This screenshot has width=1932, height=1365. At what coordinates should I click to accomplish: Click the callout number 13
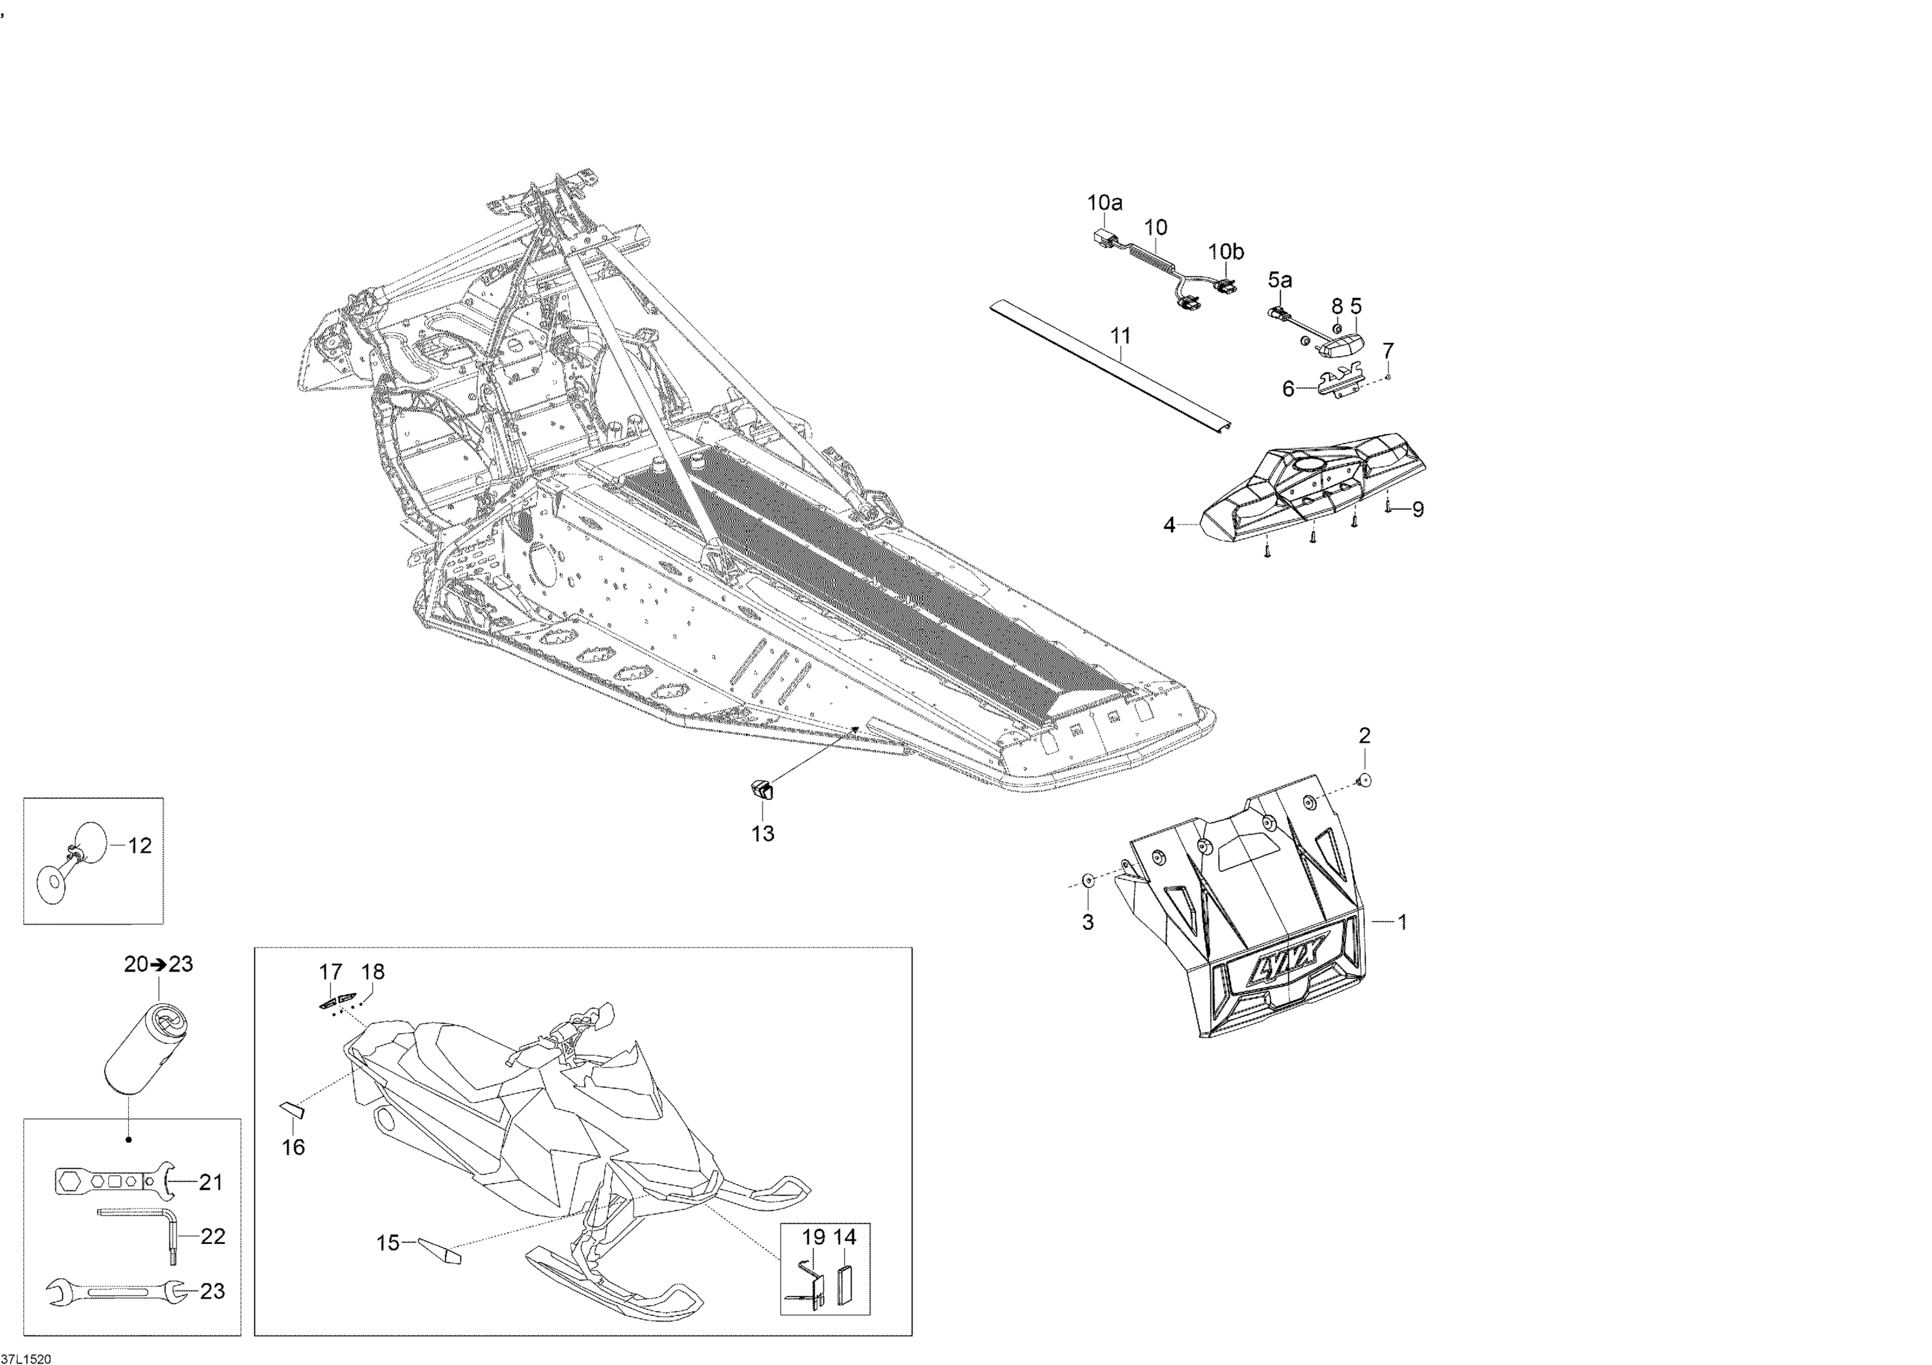(762, 833)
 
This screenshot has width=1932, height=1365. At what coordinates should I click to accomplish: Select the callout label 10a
(1105, 203)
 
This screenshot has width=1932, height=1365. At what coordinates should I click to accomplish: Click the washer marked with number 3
(1087, 880)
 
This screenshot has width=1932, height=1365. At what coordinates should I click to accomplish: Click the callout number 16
(293, 1146)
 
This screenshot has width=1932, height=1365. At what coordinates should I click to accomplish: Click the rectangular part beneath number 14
(845, 1285)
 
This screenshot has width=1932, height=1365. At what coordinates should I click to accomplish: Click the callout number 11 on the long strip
(1121, 335)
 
